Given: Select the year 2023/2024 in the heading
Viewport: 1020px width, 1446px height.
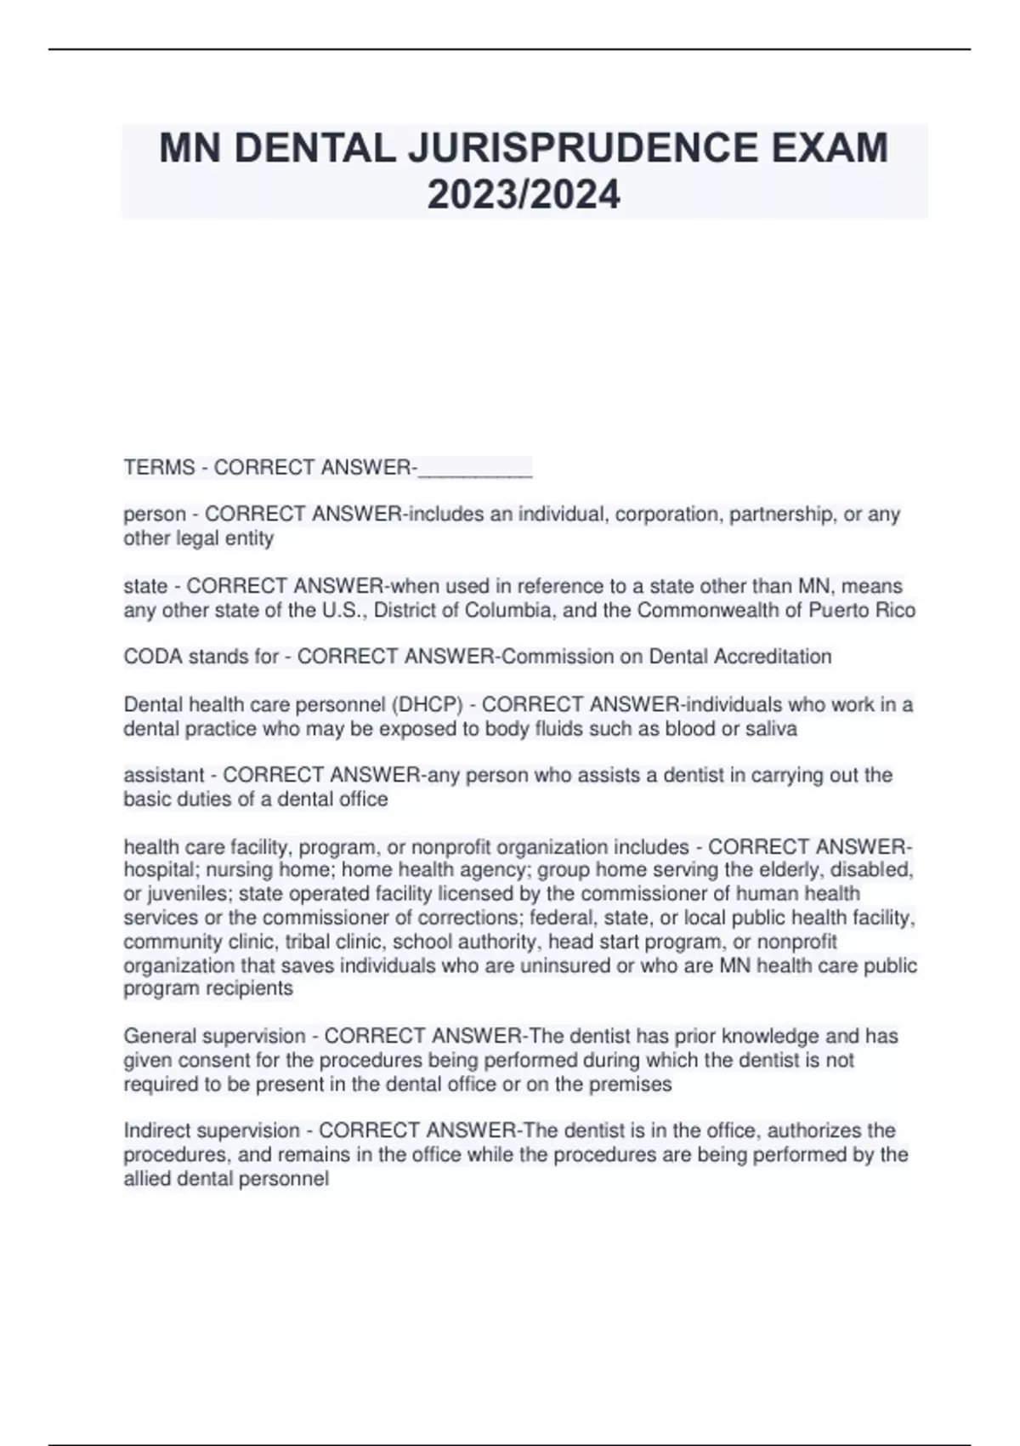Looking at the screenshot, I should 524,195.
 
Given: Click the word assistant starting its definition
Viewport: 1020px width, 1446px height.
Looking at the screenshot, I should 164,776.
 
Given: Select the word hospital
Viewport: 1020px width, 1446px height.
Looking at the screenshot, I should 159,870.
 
